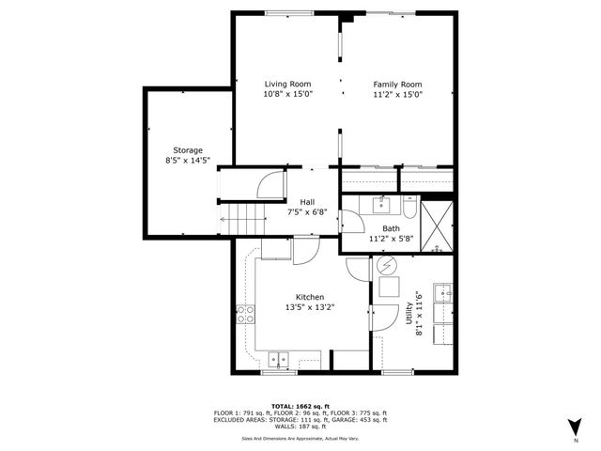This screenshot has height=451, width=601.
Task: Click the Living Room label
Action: [x=287, y=85]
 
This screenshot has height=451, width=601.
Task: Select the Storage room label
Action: [x=187, y=150]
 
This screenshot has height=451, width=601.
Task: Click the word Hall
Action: [x=307, y=202]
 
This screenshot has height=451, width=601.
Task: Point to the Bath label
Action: [x=392, y=228]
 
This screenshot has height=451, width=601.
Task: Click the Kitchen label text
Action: [x=310, y=297]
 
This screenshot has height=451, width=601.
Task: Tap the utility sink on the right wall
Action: [x=443, y=294]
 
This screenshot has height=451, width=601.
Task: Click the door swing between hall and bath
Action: [x=350, y=224]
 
